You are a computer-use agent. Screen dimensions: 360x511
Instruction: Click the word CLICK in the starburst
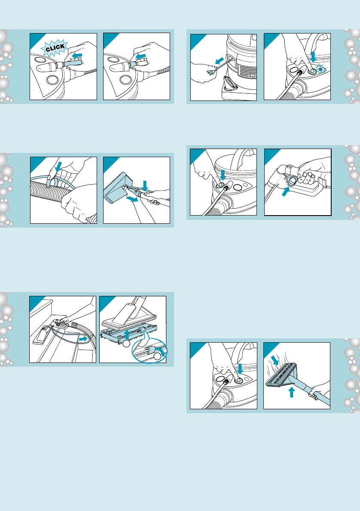click(55, 48)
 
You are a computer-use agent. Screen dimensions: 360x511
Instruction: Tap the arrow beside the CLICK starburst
click(77, 56)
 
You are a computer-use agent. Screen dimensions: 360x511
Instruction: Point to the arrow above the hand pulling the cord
click(220, 61)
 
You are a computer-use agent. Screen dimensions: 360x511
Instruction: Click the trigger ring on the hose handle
click(291, 180)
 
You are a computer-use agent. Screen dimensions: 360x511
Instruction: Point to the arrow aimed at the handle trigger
click(285, 192)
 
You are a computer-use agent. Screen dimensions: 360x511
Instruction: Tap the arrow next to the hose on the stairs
click(83, 339)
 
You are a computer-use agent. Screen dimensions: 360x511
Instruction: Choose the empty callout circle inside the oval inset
click(158, 356)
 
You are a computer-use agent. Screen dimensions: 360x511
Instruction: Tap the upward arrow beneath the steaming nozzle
click(292, 392)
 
